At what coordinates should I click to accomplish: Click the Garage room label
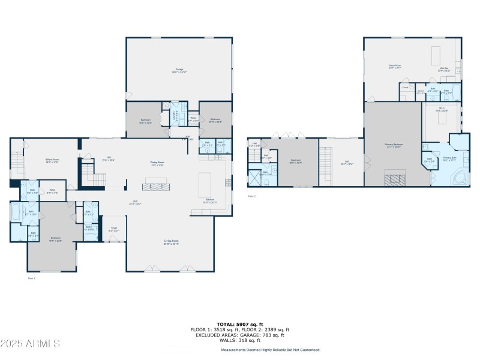click(x=178, y=71)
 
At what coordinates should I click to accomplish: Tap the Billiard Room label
click(x=52, y=160)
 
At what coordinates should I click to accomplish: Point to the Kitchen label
click(x=210, y=200)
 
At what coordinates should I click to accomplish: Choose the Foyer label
click(x=113, y=229)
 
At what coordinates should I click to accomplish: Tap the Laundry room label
click(x=176, y=115)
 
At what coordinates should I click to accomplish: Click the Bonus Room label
click(x=394, y=67)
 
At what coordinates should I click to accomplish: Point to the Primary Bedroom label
click(x=394, y=145)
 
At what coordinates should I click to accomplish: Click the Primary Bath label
click(x=449, y=159)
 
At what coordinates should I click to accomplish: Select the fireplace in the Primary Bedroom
click(x=395, y=178)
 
